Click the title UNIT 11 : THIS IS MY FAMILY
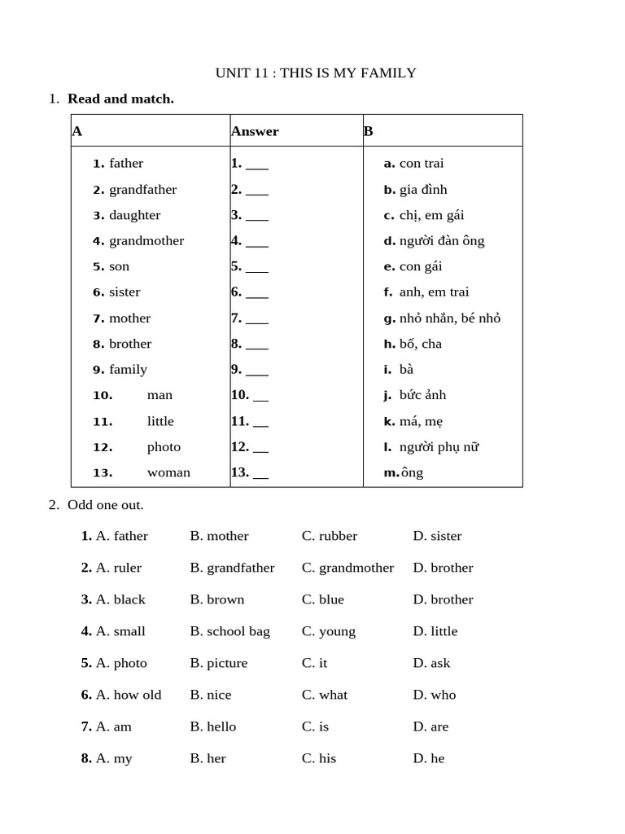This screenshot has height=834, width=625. pyautogui.click(x=316, y=73)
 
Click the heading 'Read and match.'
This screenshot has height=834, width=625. pyautogui.click(x=120, y=99)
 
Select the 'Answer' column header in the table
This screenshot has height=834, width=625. pyautogui.click(x=255, y=131)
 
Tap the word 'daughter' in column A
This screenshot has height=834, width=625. pyautogui.click(x=134, y=215)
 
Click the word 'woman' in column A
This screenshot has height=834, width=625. pyautogui.click(x=168, y=472)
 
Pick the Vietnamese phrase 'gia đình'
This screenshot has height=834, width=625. pyautogui.click(x=423, y=190)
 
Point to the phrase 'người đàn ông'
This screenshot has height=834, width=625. pyautogui.click(x=442, y=241)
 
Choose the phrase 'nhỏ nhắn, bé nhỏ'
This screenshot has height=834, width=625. pyautogui.click(x=449, y=318)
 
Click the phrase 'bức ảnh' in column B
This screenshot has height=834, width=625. pyautogui.click(x=423, y=395)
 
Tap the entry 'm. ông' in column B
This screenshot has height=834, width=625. pyautogui.click(x=404, y=472)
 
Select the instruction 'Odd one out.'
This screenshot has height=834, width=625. pyautogui.click(x=106, y=505)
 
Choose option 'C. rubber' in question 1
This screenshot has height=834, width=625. pyautogui.click(x=330, y=536)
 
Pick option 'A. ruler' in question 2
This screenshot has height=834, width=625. pyautogui.click(x=119, y=568)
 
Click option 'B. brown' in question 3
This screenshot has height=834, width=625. pyautogui.click(x=217, y=599)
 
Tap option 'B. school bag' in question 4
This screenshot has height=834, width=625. pyautogui.click(x=230, y=631)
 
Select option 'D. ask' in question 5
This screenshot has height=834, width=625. pyautogui.click(x=431, y=663)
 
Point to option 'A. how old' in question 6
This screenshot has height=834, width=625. pyautogui.click(x=129, y=695)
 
